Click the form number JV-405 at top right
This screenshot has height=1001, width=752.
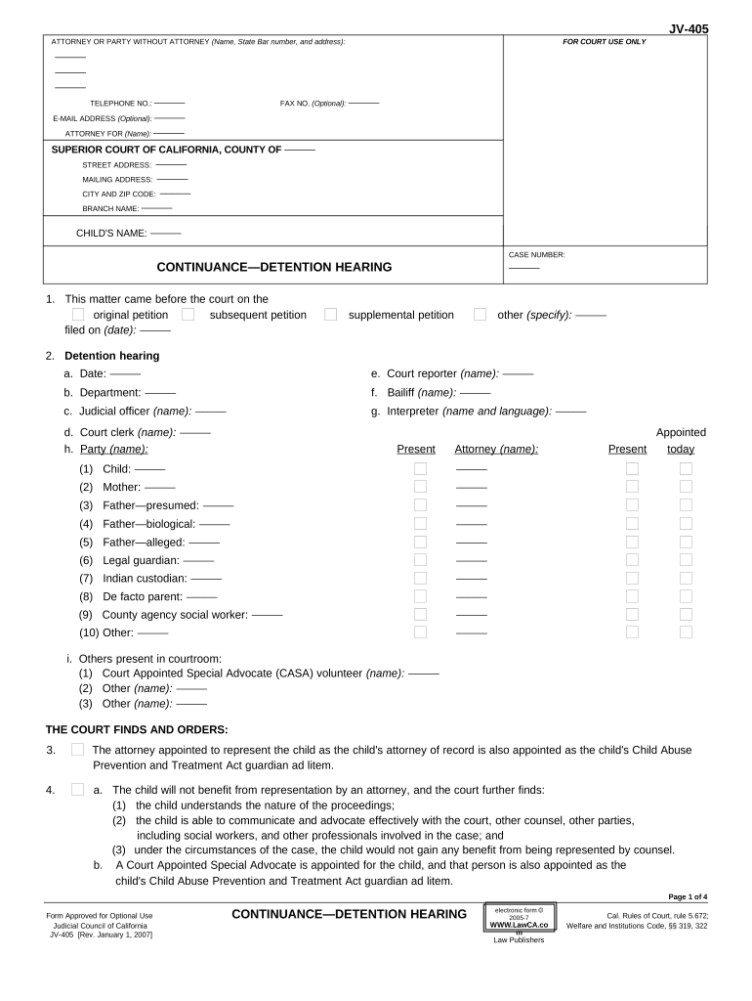[x=689, y=29]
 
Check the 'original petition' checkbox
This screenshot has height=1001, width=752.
[x=78, y=314]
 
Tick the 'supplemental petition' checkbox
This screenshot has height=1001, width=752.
[x=331, y=314]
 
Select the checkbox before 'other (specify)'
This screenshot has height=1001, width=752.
[x=480, y=314]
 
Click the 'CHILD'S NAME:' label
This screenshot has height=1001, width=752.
[x=111, y=233]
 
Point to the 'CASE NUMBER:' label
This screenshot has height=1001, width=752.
[x=536, y=254]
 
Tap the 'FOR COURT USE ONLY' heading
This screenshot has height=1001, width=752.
[x=605, y=42]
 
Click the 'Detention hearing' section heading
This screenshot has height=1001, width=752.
[x=111, y=356]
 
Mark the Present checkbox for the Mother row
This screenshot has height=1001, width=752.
[x=420, y=487]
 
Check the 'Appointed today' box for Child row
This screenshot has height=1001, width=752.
[x=686, y=468]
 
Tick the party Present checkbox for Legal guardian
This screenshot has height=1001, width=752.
[x=420, y=560]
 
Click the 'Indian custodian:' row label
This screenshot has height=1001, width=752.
[x=145, y=578]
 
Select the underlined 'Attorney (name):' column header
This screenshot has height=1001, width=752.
[x=496, y=449]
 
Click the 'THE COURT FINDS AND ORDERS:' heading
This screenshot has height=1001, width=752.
[x=137, y=729]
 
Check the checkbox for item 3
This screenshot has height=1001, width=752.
[x=77, y=750]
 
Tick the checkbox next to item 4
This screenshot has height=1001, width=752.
[x=77, y=789]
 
